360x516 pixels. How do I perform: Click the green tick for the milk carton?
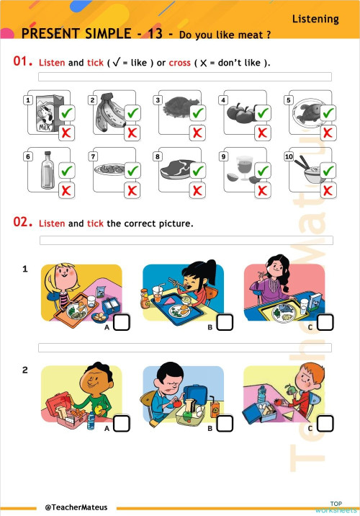click(x=67, y=113)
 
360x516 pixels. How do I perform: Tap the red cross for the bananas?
click(x=132, y=133)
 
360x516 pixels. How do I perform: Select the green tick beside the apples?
click(x=263, y=113)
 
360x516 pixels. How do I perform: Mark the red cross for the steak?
click(x=197, y=190)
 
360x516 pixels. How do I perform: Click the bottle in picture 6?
click(x=48, y=170)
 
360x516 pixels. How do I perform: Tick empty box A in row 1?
click(x=122, y=323)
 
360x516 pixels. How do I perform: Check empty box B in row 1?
click(x=225, y=323)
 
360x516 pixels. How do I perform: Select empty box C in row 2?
click(x=325, y=424)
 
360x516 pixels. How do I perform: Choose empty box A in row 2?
click(x=122, y=424)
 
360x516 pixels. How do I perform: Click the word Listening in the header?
click(x=315, y=19)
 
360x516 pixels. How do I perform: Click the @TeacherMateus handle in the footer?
click(x=76, y=507)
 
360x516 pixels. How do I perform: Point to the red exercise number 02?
click(x=23, y=222)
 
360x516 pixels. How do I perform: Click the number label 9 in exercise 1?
click(x=224, y=156)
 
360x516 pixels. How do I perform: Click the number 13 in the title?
click(x=155, y=34)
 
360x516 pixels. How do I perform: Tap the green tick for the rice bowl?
click(x=328, y=171)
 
